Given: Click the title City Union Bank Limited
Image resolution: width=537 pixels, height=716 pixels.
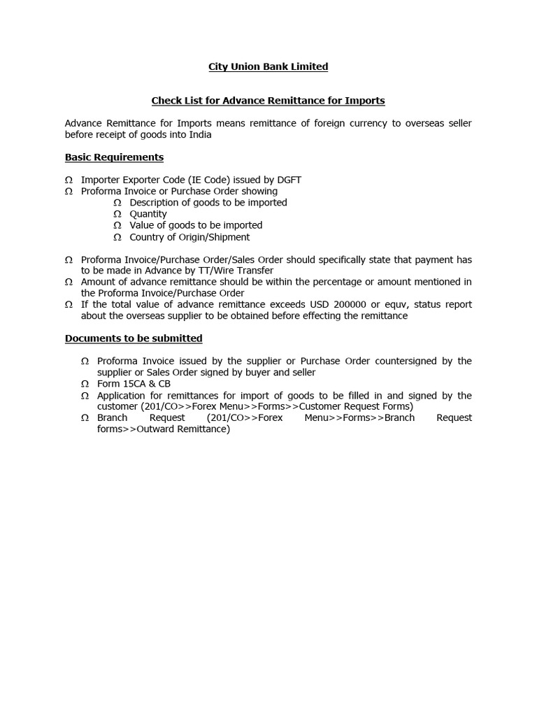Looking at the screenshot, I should pos(268,66).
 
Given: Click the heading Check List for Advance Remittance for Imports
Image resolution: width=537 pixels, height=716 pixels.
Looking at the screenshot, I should pos(268,101).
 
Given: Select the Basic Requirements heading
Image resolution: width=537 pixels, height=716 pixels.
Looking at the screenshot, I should pos(114,157).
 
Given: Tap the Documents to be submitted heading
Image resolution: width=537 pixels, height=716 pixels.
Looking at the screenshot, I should pos(134,338).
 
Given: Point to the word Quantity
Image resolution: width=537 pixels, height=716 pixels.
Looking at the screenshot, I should pos(148,214).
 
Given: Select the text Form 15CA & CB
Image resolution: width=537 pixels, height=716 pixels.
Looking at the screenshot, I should pos(134,384).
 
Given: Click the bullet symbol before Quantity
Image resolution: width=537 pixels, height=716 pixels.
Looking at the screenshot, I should pos(117,214).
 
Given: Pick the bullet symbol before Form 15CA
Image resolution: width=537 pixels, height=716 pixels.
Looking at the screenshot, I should pos(85,384).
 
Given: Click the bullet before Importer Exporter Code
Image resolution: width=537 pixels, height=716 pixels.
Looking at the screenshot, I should pos(69,180).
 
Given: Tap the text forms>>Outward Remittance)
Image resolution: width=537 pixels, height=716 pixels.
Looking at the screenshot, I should pos(164,429).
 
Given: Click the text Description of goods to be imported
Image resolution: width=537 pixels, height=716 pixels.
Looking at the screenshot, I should pos(208,203).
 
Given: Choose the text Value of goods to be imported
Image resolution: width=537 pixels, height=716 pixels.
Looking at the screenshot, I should pos(196,225).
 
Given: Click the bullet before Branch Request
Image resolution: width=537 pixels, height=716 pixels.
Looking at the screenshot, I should pos(85,418).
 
